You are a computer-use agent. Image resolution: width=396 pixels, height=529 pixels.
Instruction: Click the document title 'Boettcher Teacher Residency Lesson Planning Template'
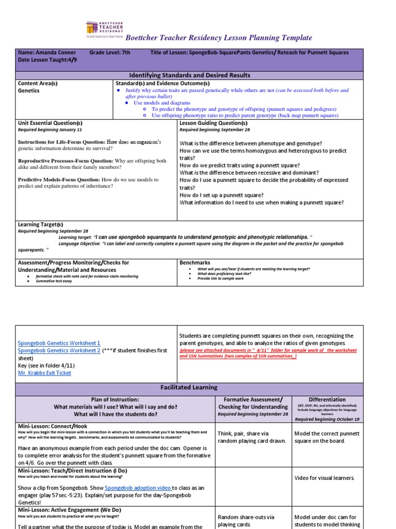tap(219, 38)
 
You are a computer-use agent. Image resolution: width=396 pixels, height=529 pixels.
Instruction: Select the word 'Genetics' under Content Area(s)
tap(29, 90)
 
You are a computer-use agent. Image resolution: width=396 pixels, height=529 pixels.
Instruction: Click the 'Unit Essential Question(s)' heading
tap(50, 123)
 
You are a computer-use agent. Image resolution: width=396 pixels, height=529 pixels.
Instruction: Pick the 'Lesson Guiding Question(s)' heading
tap(213, 123)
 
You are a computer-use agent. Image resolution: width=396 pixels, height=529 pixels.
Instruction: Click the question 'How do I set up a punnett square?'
tap(222, 195)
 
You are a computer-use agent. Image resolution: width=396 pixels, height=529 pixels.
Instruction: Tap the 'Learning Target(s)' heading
tap(40, 225)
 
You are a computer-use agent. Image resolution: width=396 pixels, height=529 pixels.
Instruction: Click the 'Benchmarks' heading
tap(195, 263)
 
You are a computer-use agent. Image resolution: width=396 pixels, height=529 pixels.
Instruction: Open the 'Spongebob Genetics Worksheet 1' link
tap(59, 343)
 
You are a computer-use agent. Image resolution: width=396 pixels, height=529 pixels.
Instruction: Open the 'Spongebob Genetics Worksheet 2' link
tap(59, 350)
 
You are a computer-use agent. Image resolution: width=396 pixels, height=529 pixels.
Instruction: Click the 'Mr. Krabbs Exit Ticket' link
tap(44, 373)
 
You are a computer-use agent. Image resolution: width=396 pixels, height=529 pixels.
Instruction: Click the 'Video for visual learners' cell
tap(324, 478)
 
